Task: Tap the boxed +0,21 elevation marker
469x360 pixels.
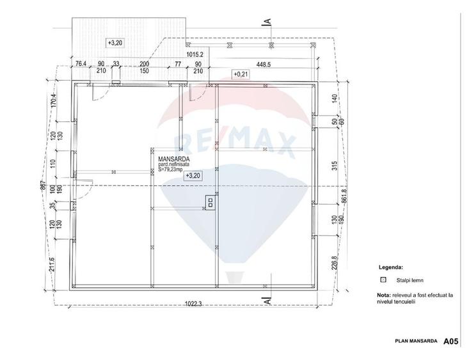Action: (241, 74)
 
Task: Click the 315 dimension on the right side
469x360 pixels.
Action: (334, 166)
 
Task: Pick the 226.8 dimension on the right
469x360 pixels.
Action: (334, 263)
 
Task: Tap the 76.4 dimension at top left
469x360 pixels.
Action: (81, 64)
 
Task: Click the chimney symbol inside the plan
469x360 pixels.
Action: (209, 202)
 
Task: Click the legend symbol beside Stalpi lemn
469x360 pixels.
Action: (383, 279)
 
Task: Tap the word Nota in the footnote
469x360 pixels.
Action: (384, 295)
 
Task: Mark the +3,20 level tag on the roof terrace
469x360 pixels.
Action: (115, 42)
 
